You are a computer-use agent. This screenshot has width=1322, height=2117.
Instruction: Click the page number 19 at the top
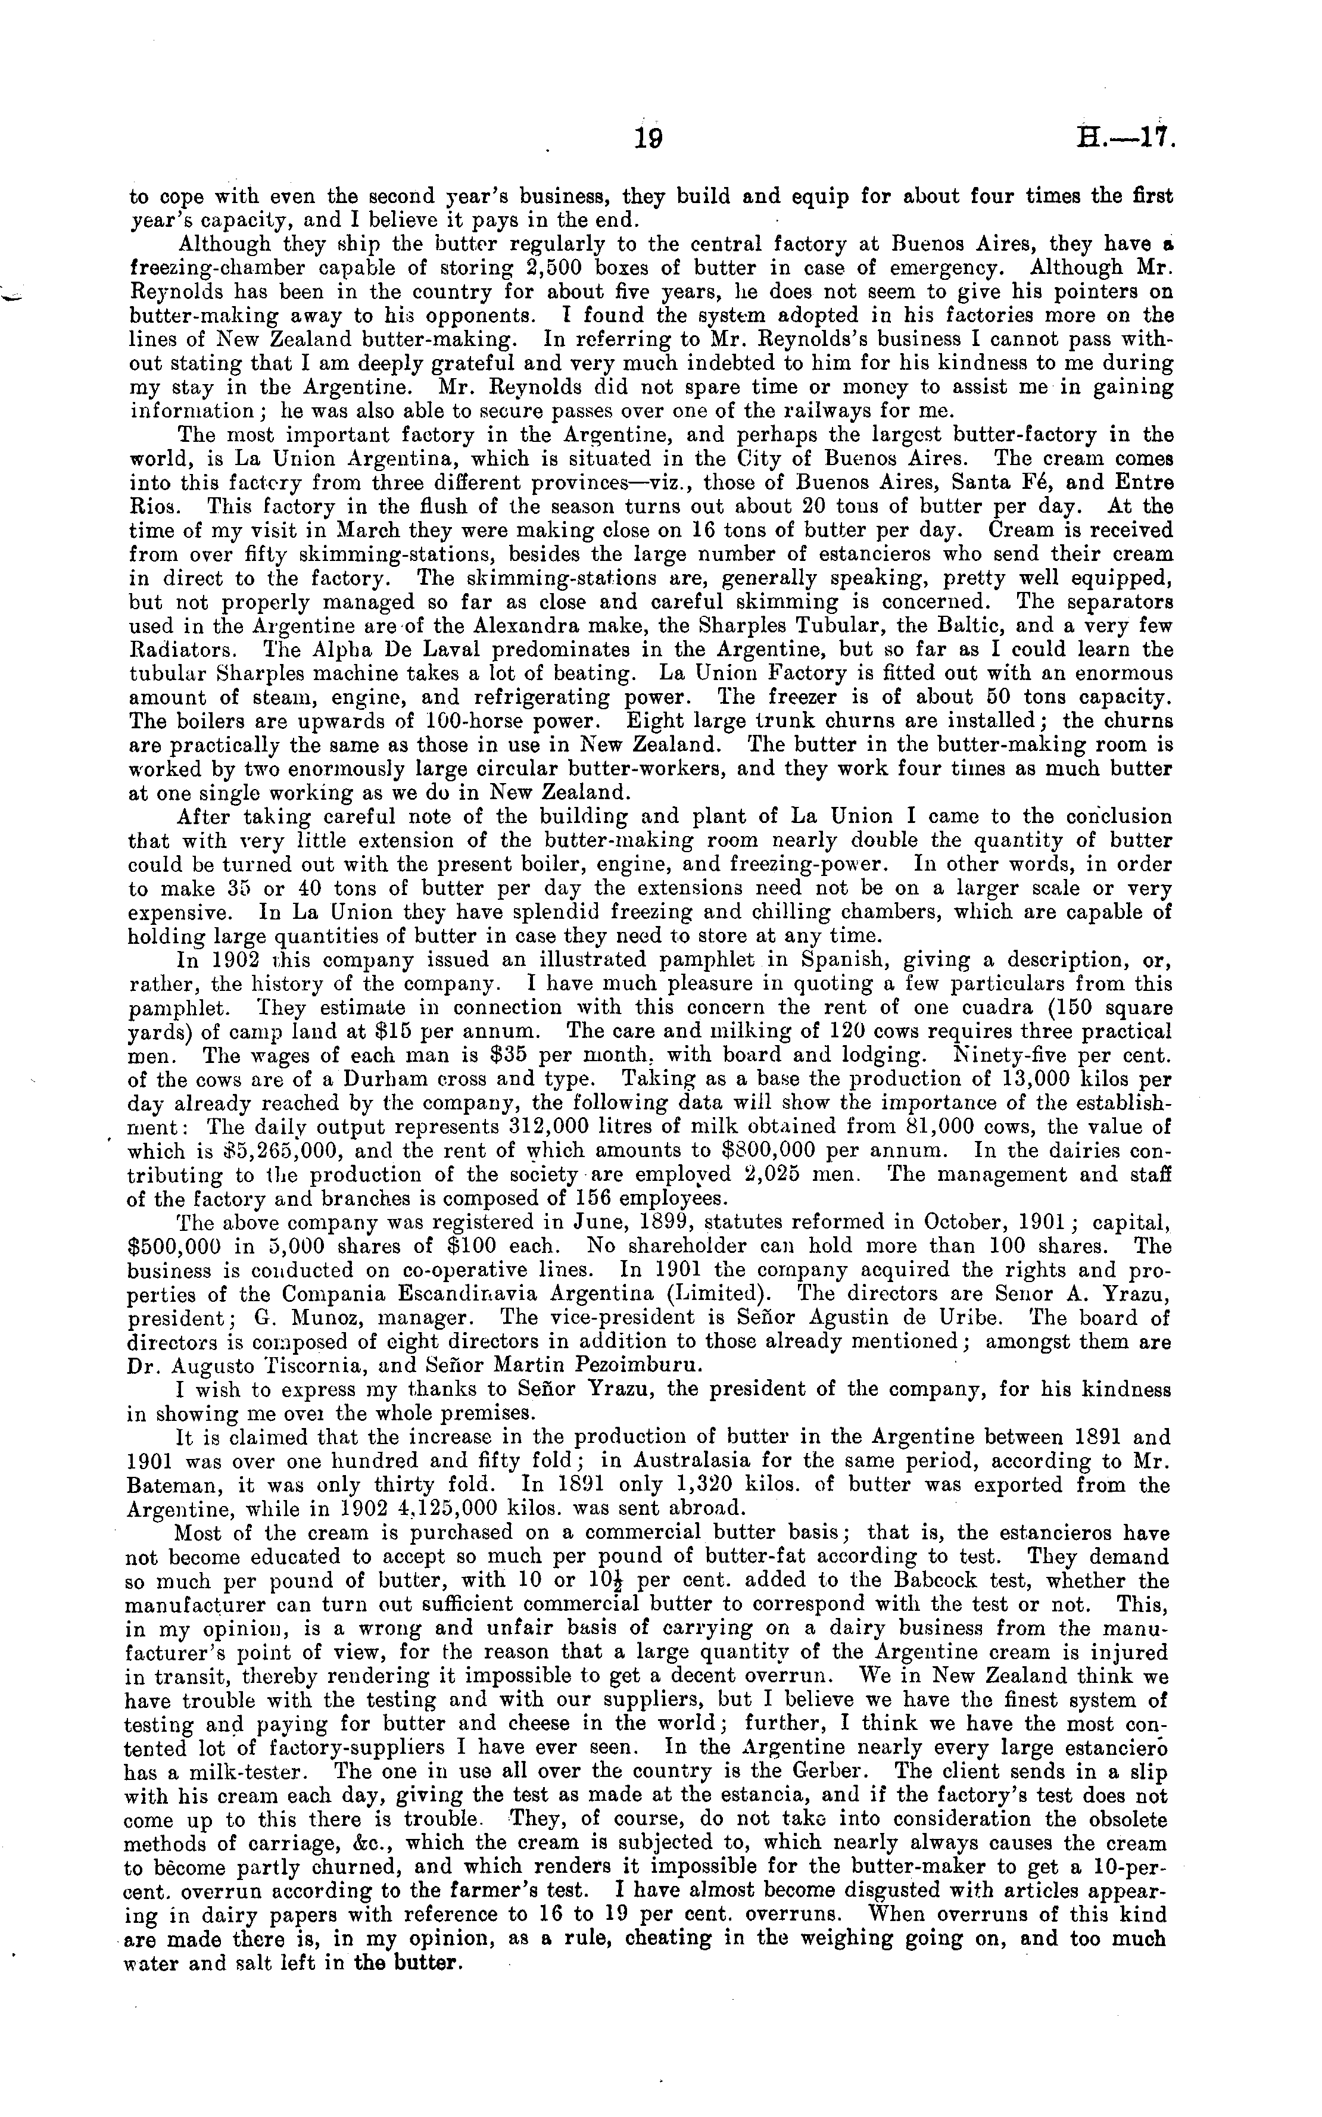tap(648, 138)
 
